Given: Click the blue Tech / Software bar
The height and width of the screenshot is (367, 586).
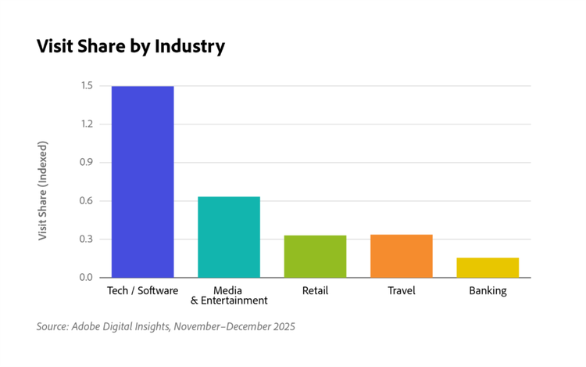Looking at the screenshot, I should click(x=142, y=182).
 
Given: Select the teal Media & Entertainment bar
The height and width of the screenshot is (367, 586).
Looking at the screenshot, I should click(x=229, y=237).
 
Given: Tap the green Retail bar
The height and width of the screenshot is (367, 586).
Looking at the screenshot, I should click(x=315, y=257).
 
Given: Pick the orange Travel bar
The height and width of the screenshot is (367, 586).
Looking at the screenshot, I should click(x=401, y=256).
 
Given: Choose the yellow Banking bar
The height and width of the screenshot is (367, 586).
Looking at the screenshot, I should click(x=488, y=268).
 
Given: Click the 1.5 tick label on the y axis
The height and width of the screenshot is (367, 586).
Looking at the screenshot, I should click(x=86, y=86).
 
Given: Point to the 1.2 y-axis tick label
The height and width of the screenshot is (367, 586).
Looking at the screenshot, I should click(x=86, y=124).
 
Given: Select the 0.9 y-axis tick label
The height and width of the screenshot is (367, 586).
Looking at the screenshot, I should click(x=86, y=163).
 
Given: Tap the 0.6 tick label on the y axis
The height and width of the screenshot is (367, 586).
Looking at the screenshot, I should click(x=86, y=201).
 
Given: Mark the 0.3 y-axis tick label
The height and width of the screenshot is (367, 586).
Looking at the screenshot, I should click(x=86, y=239).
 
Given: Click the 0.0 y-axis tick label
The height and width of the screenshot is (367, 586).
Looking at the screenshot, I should click(x=86, y=278).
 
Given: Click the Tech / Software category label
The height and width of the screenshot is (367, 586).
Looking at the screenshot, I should click(x=142, y=291).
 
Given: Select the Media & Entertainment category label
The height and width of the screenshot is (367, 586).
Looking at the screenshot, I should click(x=229, y=296).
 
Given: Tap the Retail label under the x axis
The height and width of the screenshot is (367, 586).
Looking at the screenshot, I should click(x=315, y=291).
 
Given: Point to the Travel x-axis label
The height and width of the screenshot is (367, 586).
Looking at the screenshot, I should click(x=401, y=291).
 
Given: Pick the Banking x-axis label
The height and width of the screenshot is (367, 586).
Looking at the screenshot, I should click(x=488, y=291).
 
